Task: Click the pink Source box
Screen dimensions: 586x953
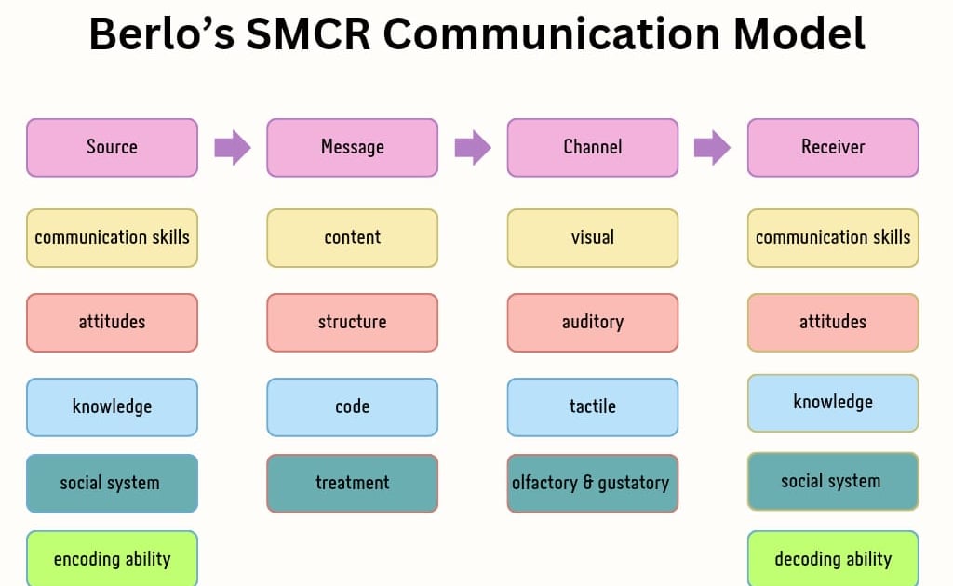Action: click(112, 147)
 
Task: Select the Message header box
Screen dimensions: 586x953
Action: click(352, 147)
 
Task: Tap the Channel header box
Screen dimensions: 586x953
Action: click(592, 147)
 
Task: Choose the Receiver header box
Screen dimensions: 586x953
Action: click(833, 147)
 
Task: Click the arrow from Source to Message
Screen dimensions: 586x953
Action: click(232, 147)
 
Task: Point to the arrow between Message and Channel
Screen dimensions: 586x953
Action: click(472, 147)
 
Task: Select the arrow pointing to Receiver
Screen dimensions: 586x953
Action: click(712, 147)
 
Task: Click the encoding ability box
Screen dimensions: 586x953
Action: click(112, 558)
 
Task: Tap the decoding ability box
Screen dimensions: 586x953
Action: click(833, 558)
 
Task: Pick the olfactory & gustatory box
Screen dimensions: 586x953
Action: click(592, 483)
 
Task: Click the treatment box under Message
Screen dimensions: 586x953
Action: click(352, 483)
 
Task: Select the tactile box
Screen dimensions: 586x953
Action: click(592, 406)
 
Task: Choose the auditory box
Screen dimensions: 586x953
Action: click(592, 322)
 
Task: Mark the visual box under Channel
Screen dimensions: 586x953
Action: click(592, 237)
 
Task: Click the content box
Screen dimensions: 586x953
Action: click(352, 237)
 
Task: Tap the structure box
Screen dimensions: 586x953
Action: click(352, 322)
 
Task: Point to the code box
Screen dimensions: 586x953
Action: click(352, 406)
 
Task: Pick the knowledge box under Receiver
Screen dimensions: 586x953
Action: click(833, 403)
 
